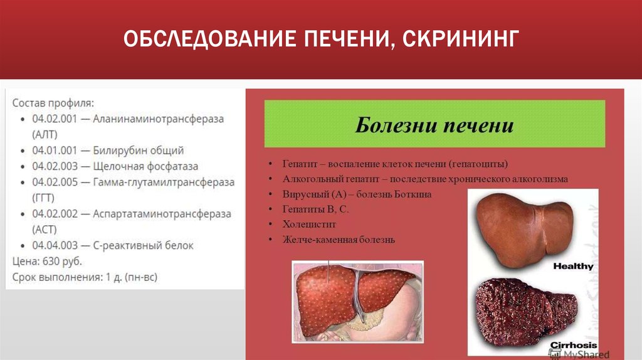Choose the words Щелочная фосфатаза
[x=145, y=166]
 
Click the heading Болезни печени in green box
[x=434, y=124]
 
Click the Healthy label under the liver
[x=572, y=266]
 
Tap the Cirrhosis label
[x=573, y=345]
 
